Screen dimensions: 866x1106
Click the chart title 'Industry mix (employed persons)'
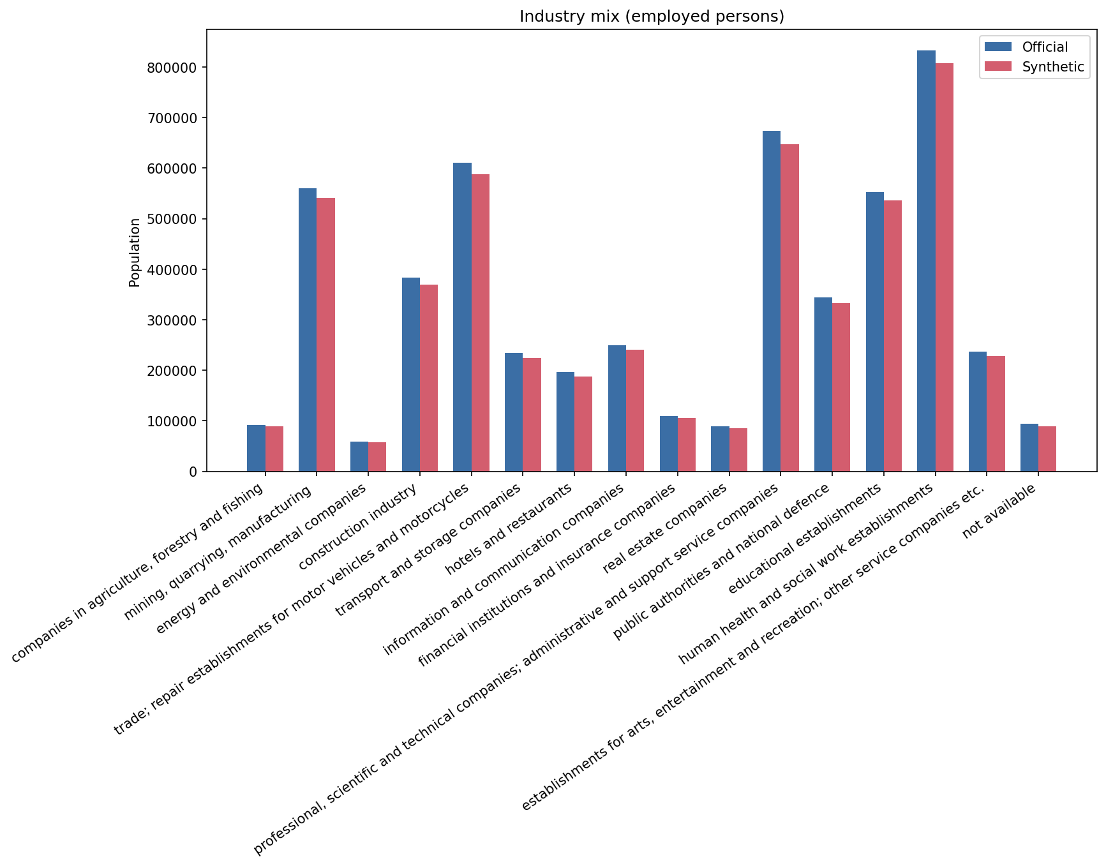(652, 17)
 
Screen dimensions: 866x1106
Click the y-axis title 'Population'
(135, 252)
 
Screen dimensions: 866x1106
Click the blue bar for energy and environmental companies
(359, 456)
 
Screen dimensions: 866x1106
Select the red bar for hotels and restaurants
(583, 424)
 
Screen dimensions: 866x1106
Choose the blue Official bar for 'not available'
(1029, 447)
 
